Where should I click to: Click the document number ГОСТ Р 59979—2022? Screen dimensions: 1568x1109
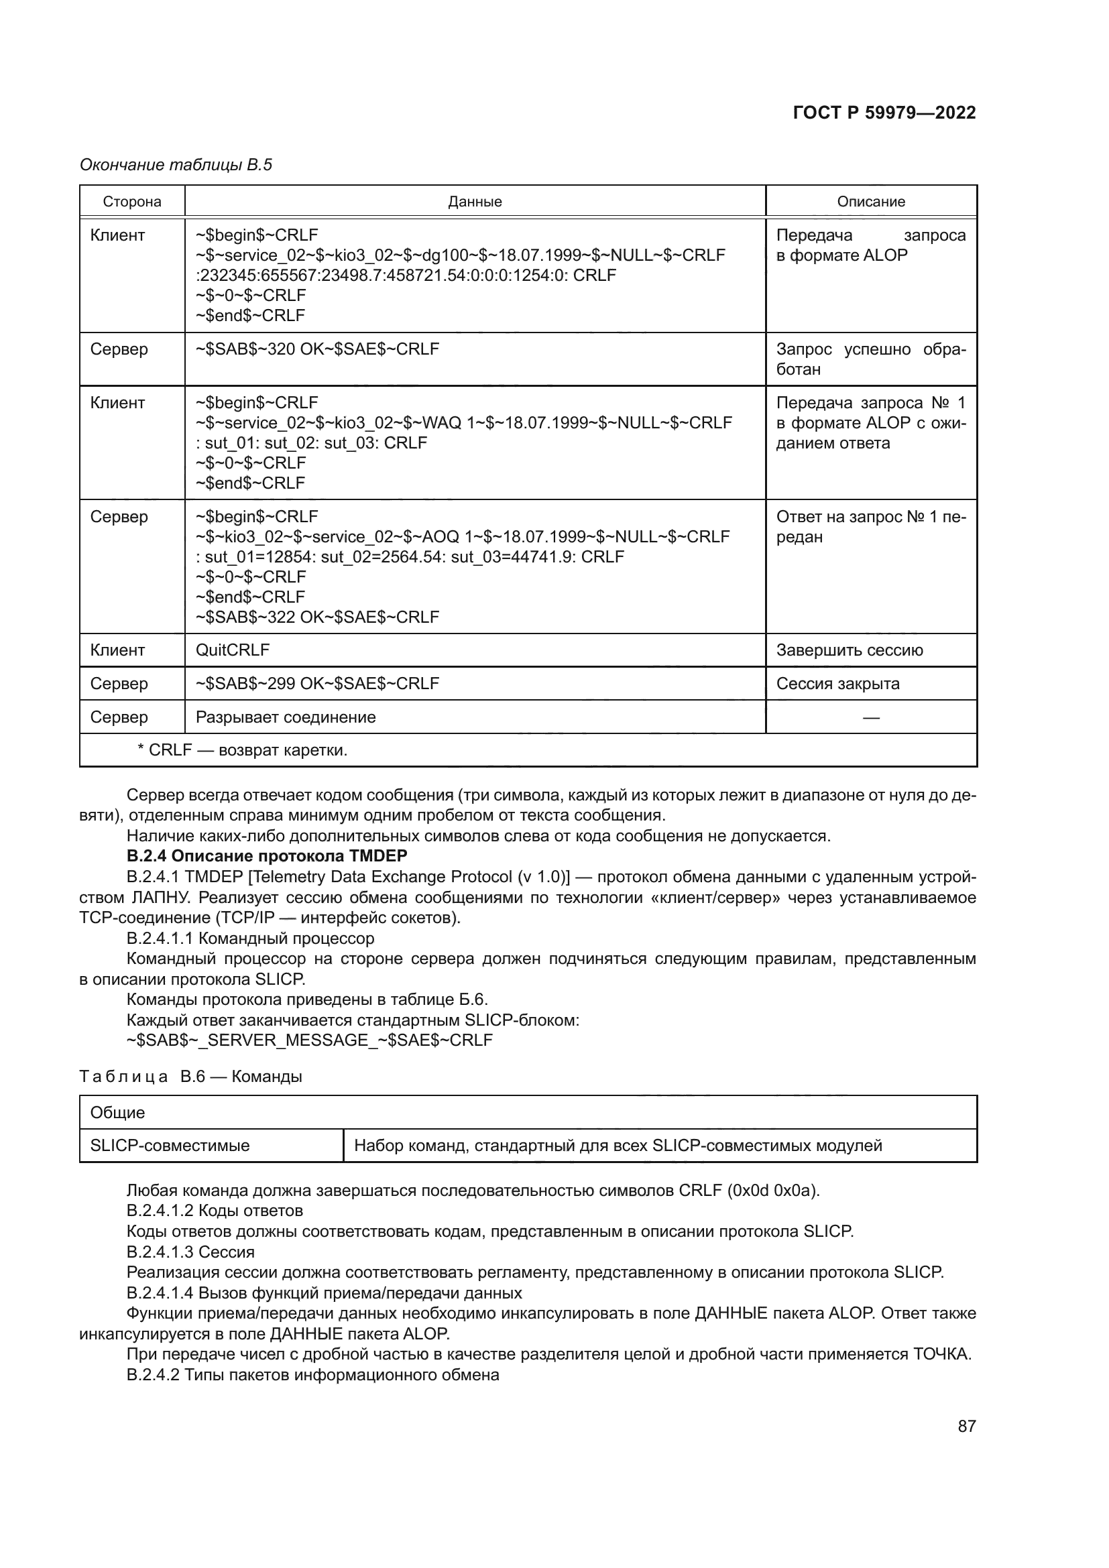pos(884,113)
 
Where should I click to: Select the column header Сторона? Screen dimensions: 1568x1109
pos(132,202)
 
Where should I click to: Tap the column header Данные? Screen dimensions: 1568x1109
pos(475,202)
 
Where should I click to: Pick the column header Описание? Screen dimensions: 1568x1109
pos(871,202)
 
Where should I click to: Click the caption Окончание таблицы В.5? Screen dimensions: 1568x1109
pos(176,165)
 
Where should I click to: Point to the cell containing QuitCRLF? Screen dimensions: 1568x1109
pos(233,650)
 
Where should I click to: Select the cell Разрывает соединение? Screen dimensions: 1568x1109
pos(286,717)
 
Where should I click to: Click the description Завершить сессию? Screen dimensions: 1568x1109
pos(850,650)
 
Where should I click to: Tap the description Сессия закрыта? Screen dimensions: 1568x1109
pos(838,684)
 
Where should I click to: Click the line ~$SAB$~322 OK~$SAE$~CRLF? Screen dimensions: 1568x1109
pos(317,617)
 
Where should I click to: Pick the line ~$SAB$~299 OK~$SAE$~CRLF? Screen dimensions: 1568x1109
pos(317,684)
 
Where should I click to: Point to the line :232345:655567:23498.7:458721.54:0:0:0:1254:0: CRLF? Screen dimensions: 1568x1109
pos(406,276)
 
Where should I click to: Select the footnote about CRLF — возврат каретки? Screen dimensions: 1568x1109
pos(243,750)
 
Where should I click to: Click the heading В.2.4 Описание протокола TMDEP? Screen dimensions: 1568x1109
pos(267,855)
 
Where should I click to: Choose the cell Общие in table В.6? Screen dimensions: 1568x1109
pos(117,1113)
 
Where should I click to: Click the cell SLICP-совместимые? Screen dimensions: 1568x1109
pos(170,1145)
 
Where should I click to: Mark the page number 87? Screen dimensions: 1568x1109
pos(966,1426)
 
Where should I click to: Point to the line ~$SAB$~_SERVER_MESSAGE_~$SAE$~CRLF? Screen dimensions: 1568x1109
pos(309,1040)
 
